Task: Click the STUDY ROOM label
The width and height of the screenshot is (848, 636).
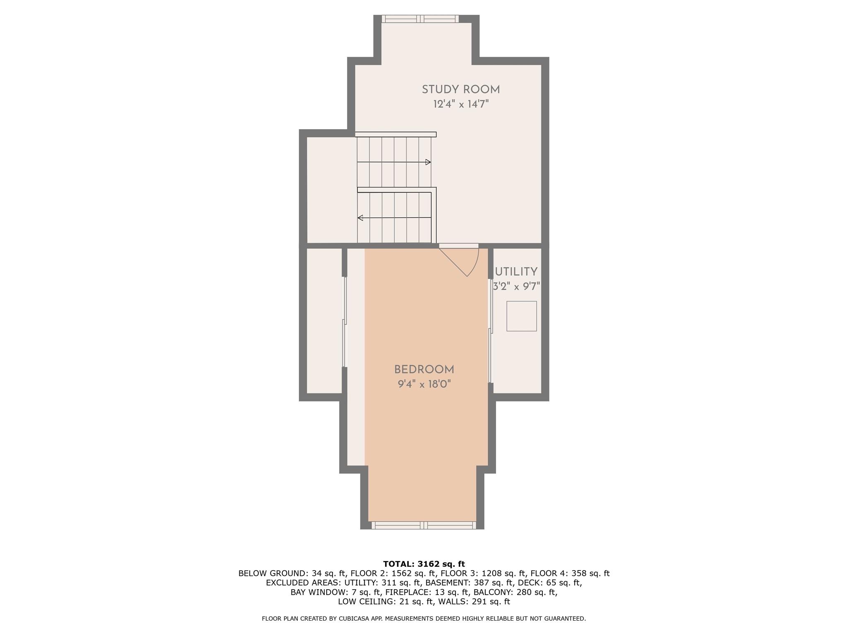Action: [x=461, y=90]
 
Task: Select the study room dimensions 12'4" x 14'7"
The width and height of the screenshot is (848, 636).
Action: [x=461, y=104]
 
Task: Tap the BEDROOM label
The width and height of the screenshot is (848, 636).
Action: [x=424, y=370]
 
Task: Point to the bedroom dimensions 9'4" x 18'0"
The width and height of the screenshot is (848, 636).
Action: [x=424, y=384]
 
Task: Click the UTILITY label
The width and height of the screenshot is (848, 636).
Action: [x=516, y=272]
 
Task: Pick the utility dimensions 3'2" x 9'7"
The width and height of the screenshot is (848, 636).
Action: [x=516, y=286]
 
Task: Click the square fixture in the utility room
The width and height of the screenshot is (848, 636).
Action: [x=521, y=316]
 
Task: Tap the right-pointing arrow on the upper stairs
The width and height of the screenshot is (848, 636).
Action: [x=428, y=162]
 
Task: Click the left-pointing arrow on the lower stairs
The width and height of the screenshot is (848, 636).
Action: [x=361, y=218]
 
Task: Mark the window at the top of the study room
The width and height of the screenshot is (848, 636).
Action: [x=420, y=19]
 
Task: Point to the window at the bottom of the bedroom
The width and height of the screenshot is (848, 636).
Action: [x=424, y=525]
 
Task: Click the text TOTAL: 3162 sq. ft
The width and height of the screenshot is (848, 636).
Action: [x=424, y=564]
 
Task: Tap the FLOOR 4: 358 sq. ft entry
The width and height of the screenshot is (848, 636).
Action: [x=570, y=573]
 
